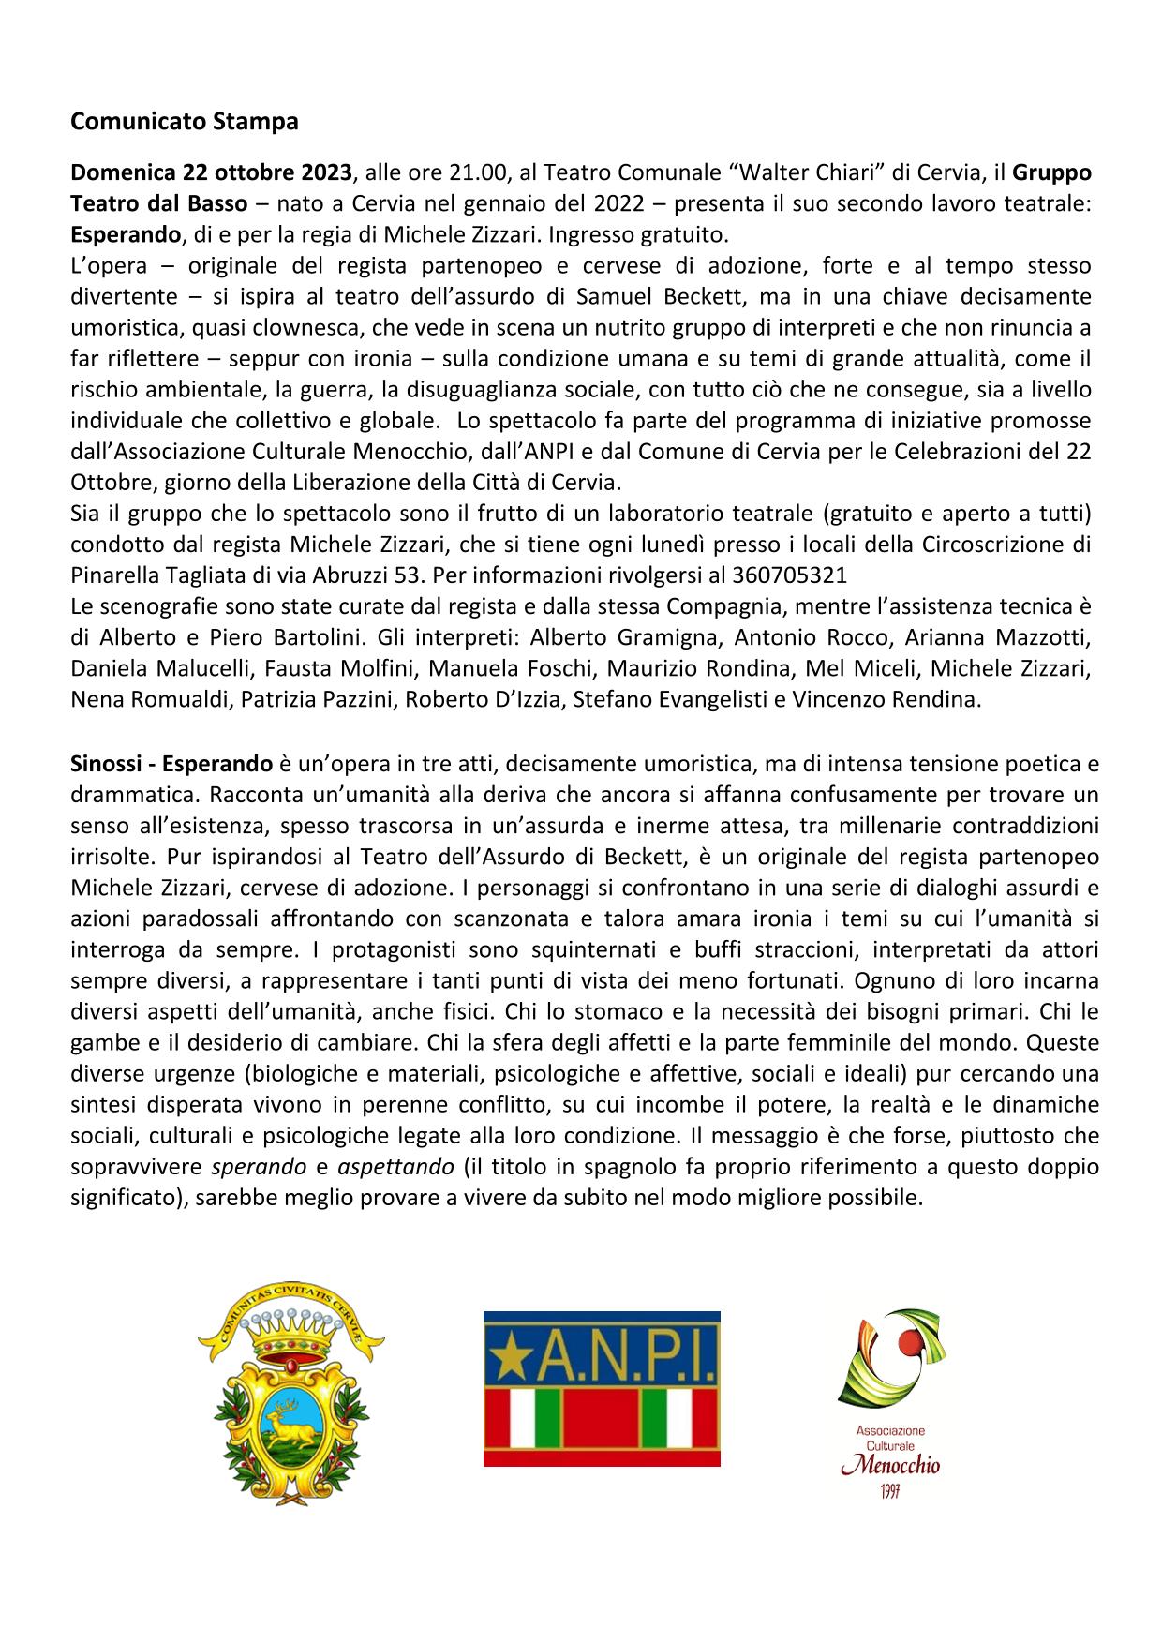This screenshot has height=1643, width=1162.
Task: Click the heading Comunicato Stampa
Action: pos(185,122)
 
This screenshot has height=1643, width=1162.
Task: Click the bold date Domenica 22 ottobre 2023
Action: pos(212,172)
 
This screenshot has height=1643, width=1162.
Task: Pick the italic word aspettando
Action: pos(390,1167)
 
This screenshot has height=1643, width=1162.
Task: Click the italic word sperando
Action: pos(260,1167)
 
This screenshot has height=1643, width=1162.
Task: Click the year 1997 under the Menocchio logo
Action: pos(889,1491)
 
